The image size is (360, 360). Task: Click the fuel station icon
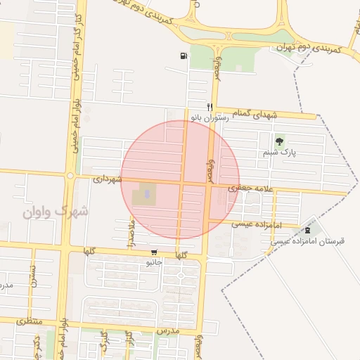[184, 56]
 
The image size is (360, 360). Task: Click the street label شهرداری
[108, 179]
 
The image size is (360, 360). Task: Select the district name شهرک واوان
[56, 210]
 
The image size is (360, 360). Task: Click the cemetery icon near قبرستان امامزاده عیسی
[307, 230]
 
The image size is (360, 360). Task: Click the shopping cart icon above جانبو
[154, 252]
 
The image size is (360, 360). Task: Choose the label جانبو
[153, 262]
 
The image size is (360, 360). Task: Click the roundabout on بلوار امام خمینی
[70, 175]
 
